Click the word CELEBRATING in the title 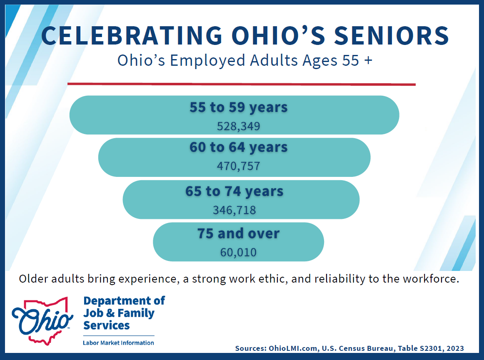(x=132, y=35)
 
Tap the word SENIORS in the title (x=392, y=35)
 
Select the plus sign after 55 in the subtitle (x=368, y=60)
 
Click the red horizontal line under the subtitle (x=242, y=84)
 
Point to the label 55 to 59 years (x=239, y=108)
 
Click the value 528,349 (x=239, y=127)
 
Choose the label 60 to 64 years (x=239, y=147)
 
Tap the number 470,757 (x=239, y=166)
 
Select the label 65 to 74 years (x=234, y=191)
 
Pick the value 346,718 (x=234, y=211)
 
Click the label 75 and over (x=239, y=233)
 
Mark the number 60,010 (x=239, y=253)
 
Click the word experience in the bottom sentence (x=149, y=279)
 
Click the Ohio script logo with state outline (x=42, y=321)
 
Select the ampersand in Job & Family (x=110, y=313)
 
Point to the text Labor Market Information (x=118, y=343)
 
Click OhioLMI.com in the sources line (x=293, y=348)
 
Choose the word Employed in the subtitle (x=207, y=61)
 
